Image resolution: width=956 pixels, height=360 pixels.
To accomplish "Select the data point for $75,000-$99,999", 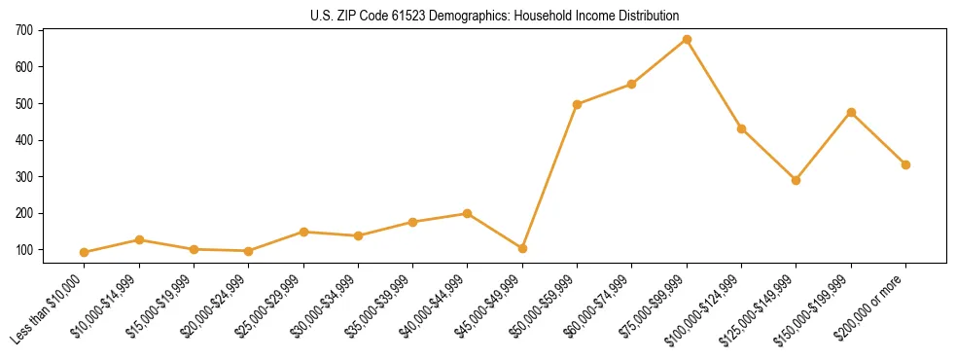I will (687, 40).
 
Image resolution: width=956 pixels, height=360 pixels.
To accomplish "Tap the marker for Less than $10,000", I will (85, 252).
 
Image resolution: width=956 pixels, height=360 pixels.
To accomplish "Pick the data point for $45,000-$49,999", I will (522, 248).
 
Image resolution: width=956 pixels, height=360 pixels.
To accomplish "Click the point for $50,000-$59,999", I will (578, 104).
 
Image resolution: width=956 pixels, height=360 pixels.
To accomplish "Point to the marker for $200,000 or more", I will (905, 164).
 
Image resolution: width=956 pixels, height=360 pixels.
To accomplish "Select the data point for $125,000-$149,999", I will (796, 180).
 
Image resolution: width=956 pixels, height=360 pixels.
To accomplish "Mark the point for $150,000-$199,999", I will (851, 112).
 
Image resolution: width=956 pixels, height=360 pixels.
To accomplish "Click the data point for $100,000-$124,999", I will (741, 128).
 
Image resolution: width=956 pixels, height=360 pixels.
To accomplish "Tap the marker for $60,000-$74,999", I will (632, 85).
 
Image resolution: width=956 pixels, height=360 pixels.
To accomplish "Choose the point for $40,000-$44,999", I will (468, 213).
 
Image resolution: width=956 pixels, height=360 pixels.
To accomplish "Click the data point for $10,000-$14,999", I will (139, 239).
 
